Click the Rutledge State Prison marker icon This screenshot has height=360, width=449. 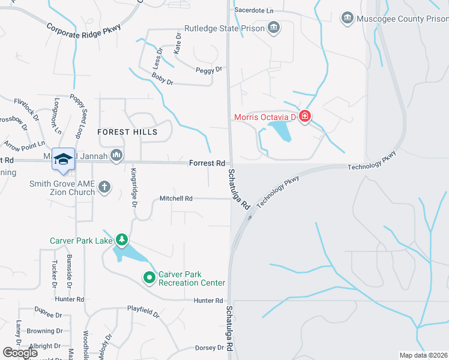pyautogui.click(x=274, y=27)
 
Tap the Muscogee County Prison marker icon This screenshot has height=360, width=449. pyautogui.click(x=347, y=19)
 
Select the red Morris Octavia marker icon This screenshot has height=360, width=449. pyautogui.click(x=304, y=116)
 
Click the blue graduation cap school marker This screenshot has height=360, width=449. pyautogui.click(x=63, y=159)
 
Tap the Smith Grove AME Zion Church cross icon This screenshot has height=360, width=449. pyautogui.click(x=104, y=187)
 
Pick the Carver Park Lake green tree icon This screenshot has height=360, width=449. pyautogui.click(x=122, y=241)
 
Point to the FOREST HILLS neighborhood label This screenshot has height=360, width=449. pyautogui.click(x=127, y=132)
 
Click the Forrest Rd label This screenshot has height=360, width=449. pyautogui.click(x=206, y=163)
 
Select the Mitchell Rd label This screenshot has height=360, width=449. pyautogui.click(x=176, y=199)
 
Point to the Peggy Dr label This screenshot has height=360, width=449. pyautogui.click(x=209, y=70)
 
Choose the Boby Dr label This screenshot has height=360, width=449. pyautogui.click(x=162, y=77)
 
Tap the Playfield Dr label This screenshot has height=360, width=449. pyautogui.click(x=143, y=313)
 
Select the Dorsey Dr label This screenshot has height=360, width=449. pyautogui.click(x=209, y=348)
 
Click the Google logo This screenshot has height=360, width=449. pyautogui.click(x=20, y=353)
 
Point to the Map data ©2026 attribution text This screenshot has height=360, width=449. pyautogui.click(x=423, y=355)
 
